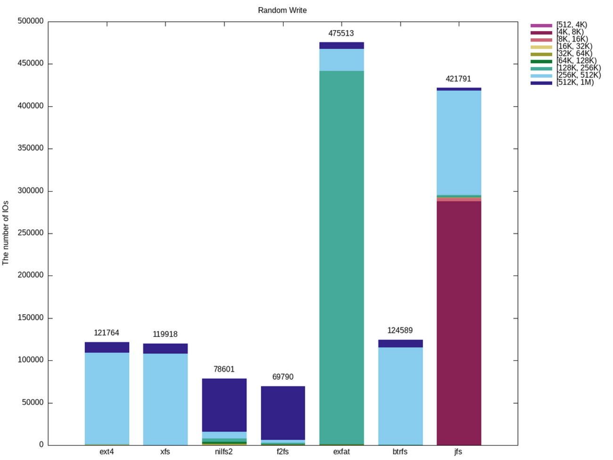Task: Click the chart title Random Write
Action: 282,10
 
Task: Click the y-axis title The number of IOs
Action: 6,233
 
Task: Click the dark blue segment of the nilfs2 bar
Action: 224,405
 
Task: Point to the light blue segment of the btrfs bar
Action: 400,396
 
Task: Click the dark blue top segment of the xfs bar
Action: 166,348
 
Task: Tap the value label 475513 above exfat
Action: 341,33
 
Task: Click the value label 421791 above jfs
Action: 458,79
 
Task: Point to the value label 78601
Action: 224,369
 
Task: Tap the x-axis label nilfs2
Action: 224,452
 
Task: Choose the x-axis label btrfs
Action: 400,452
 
